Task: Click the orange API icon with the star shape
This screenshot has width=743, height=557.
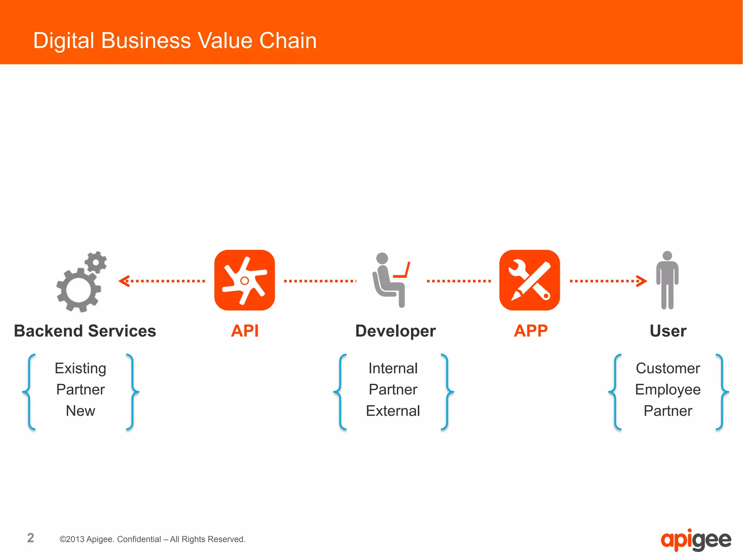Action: click(245, 280)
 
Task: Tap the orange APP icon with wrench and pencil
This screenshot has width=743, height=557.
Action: click(529, 280)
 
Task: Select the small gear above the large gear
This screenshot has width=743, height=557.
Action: click(96, 262)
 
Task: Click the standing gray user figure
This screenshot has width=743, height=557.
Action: click(667, 280)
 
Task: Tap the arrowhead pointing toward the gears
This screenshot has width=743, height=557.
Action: click(124, 281)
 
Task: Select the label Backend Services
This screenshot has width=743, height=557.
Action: click(85, 331)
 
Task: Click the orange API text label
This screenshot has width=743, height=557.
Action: click(245, 331)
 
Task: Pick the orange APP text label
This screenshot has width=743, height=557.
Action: click(531, 331)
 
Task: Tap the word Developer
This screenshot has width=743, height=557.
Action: click(395, 331)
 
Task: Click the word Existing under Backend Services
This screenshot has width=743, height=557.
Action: click(81, 368)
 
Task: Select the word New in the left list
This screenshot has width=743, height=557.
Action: click(81, 411)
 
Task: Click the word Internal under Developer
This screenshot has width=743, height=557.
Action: click(393, 368)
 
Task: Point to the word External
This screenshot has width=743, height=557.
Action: click(393, 411)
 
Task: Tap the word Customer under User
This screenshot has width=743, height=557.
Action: click(668, 368)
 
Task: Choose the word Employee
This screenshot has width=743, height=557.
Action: click(668, 390)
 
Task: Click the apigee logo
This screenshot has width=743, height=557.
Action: click(696, 540)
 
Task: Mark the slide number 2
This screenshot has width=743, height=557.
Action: click(30, 538)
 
